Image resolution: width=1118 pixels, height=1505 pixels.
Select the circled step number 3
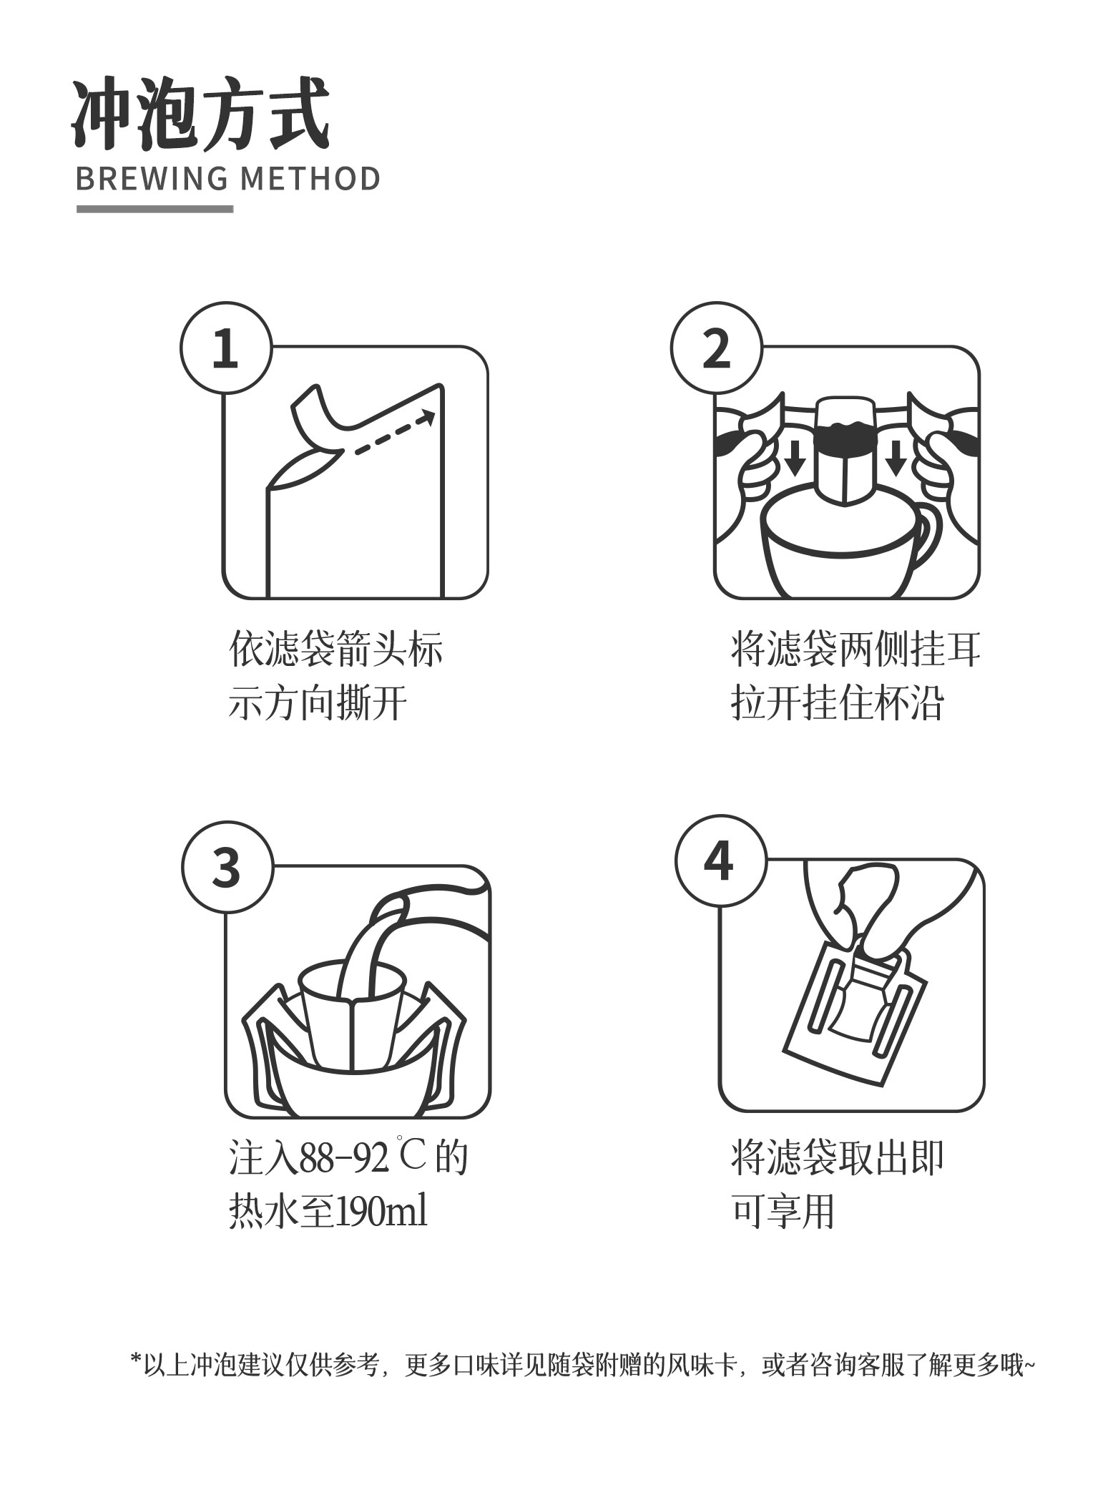coord(227,866)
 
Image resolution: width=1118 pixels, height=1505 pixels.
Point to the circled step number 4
coord(720,861)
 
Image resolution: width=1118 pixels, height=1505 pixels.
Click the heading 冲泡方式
coord(201,114)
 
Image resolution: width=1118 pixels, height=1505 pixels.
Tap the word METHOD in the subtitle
coord(310,179)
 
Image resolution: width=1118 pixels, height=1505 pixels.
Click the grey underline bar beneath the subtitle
coord(155,209)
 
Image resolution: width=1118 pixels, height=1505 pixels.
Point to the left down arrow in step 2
coord(794,458)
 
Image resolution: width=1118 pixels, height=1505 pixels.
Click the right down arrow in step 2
coord(895,458)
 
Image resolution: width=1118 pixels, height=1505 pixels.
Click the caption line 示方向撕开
coord(318,704)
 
